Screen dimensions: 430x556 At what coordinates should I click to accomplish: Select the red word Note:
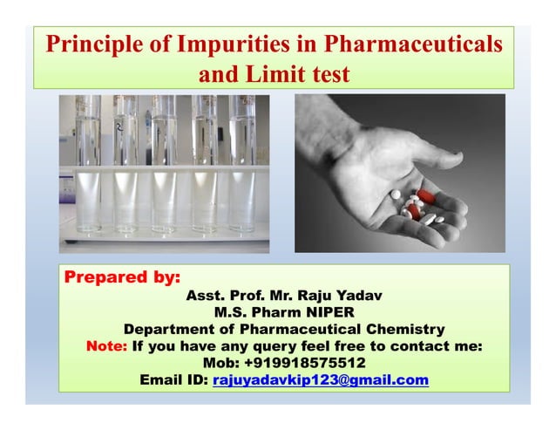(106, 346)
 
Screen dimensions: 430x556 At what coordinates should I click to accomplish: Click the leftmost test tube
(88, 166)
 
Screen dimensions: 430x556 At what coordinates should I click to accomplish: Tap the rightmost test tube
(241, 166)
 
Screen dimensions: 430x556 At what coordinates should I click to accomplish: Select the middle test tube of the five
(166, 166)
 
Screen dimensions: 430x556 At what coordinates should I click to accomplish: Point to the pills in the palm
(417, 205)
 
